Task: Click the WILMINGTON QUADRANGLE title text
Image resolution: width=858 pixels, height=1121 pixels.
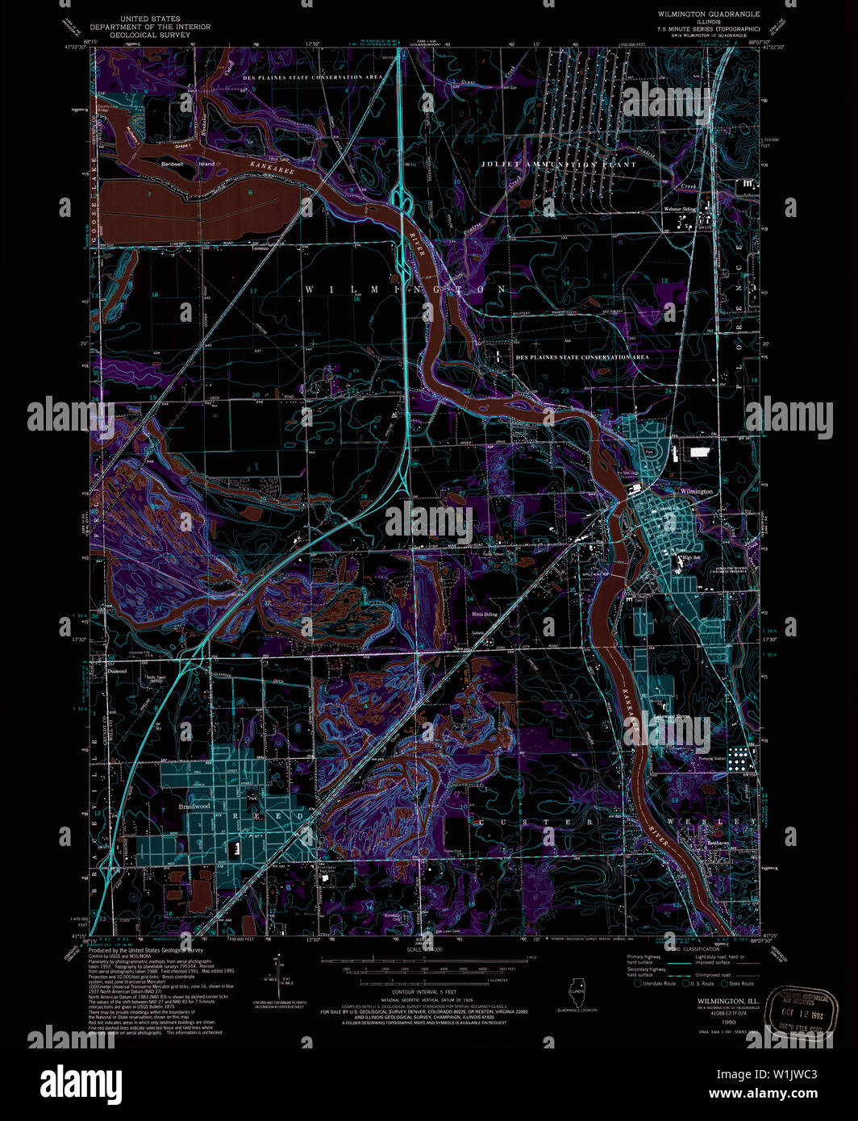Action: (x=708, y=15)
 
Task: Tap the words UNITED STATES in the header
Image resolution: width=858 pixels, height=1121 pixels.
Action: (x=149, y=18)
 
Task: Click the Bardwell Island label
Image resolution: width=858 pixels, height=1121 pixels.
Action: (x=188, y=164)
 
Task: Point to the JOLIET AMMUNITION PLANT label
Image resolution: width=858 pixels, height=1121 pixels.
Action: (x=558, y=165)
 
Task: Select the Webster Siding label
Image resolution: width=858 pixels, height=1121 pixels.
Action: (x=679, y=209)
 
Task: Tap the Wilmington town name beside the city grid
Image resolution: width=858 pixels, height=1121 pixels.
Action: (x=696, y=491)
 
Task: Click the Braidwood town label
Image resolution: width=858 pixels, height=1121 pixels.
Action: (x=194, y=806)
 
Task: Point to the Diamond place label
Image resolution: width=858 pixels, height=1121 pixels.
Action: (x=118, y=671)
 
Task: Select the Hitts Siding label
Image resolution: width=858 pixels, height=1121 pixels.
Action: (x=484, y=614)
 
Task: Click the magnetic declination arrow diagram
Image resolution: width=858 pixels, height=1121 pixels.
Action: (x=278, y=976)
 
